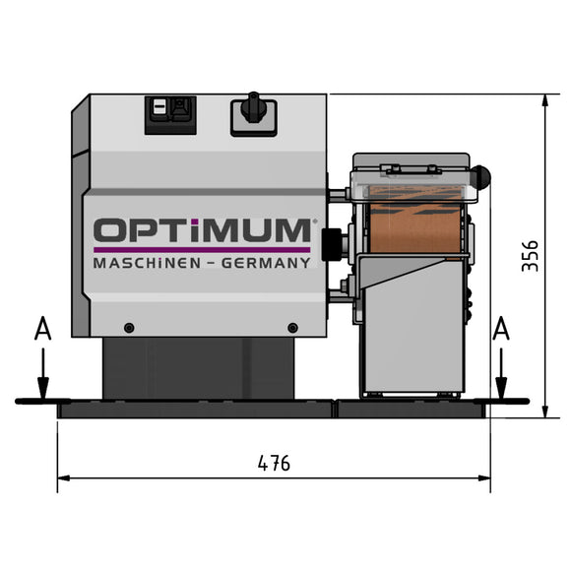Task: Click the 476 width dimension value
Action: tap(274, 463)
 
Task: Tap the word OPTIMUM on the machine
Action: tap(202, 231)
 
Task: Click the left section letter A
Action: tap(40, 329)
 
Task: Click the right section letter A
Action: tap(501, 329)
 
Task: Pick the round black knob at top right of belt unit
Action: tap(482, 176)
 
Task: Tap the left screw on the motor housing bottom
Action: tap(128, 327)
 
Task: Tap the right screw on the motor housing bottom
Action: tap(291, 327)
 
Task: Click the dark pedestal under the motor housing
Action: tap(202, 368)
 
